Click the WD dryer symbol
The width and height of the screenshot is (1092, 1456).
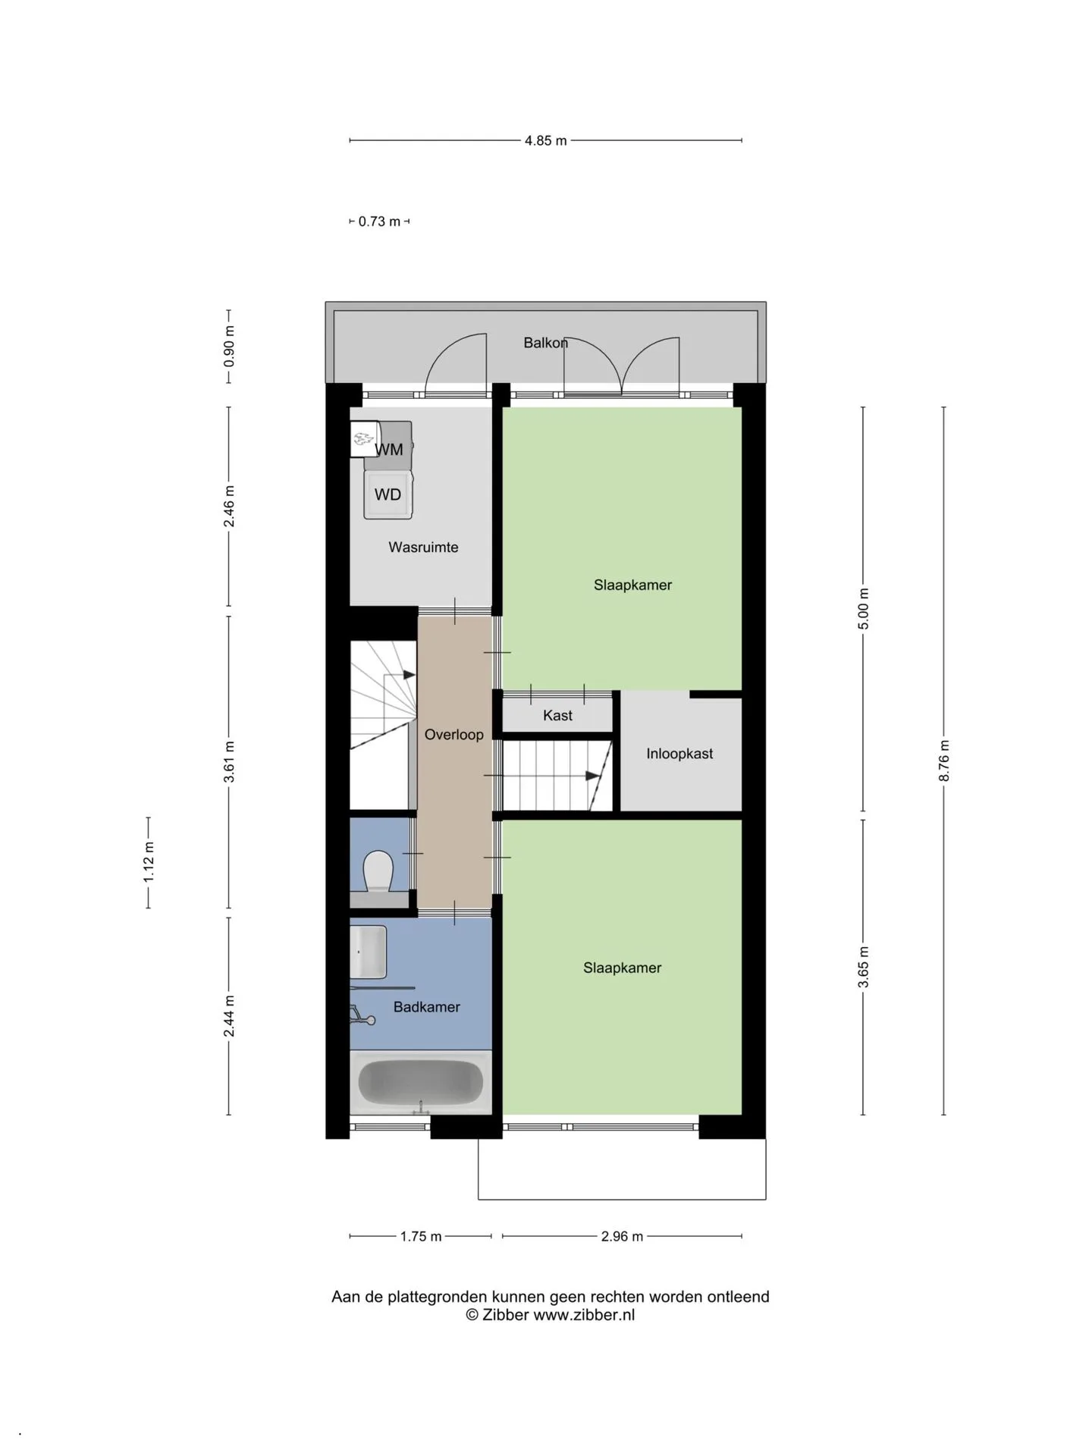(388, 494)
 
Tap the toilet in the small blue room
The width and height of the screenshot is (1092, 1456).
(378, 871)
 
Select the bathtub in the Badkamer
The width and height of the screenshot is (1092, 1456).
(420, 1082)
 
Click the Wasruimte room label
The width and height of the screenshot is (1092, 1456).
(423, 547)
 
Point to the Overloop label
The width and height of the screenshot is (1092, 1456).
(453, 734)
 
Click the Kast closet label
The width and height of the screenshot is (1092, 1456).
(557, 715)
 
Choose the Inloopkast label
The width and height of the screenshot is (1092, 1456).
(679, 754)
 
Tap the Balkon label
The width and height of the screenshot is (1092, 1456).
(545, 343)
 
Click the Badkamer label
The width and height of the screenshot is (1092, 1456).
(426, 1007)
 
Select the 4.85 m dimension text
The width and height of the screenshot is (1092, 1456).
(545, 140)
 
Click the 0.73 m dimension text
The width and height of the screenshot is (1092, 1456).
(379, 221)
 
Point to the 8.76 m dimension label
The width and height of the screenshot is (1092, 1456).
(944, 761)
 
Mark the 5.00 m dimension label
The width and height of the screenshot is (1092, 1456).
(863, 609)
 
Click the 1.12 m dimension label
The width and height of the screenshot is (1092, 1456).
(149, 862)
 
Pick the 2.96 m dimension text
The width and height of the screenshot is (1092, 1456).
(622, 1237)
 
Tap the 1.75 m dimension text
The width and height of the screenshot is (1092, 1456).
(421, 1237)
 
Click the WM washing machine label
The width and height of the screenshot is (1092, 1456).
(389, 450)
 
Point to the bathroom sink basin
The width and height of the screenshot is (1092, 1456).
(369, 952)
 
